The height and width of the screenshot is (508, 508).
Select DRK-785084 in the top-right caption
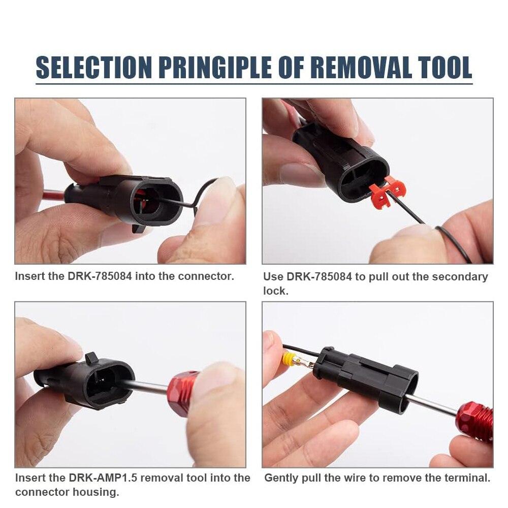[x=317, y=277]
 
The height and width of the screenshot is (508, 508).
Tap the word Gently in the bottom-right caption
[x=281, y=478]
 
